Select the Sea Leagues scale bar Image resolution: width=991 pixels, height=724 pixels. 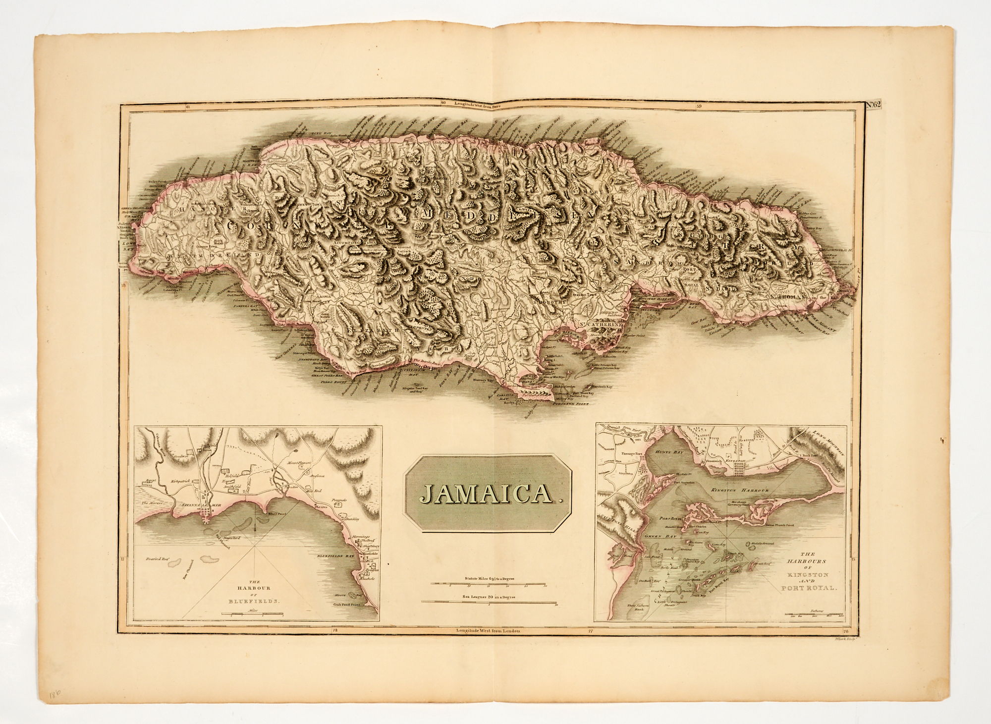click(488, 603)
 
